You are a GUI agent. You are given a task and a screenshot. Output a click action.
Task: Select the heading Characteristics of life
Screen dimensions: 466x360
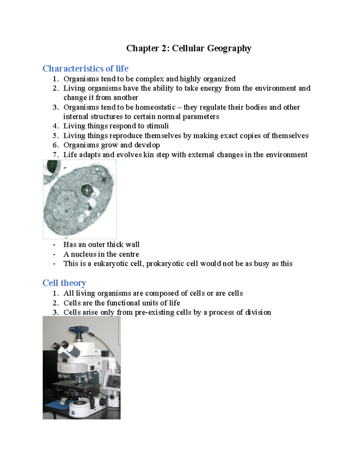click(85, 69)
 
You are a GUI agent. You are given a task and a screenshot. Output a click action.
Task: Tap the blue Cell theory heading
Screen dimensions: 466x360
click(64, 283)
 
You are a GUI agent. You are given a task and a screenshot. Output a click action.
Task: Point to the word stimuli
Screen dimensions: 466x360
click(157, 126)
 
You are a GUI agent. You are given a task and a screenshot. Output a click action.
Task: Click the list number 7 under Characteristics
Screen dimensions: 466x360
click(55, 155)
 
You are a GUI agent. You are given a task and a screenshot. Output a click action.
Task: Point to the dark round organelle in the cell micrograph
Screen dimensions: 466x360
click(87, 190)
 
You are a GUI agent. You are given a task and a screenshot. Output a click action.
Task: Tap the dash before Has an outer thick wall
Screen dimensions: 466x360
click(54, 245)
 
